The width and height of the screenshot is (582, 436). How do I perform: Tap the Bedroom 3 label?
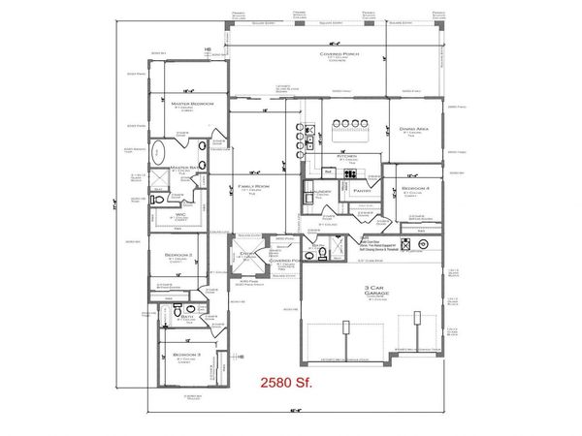[187, 356]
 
